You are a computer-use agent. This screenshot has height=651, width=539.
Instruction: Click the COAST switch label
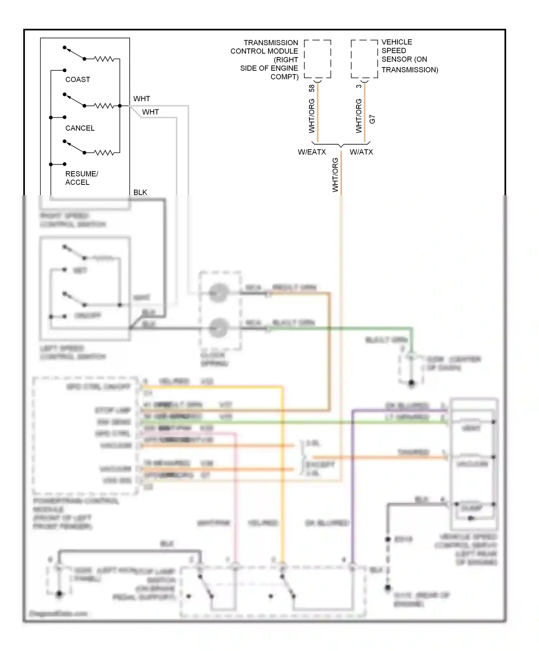click(x=78, y=79)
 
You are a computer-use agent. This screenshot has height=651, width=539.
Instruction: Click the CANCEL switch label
click(x=80, y=128)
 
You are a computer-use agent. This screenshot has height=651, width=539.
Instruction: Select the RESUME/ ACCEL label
click(x=81, y=178)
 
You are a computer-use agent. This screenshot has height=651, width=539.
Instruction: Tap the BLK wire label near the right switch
click(x=140, y=192)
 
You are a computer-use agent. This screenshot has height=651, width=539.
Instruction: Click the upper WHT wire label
click(x=142, y=99)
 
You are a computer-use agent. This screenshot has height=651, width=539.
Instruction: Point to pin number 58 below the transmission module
click(x=312, y=88)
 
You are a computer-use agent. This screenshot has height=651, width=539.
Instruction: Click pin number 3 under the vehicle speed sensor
click(x=359, y=86)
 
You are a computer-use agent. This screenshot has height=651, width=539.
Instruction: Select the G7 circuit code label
click(x=372, y=120)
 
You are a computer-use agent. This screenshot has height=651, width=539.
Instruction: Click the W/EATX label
click(x=312, y=152)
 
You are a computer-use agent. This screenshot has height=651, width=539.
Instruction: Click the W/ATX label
click(x=361, y=152)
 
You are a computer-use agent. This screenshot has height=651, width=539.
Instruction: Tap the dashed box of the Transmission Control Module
click(x=317, y=59)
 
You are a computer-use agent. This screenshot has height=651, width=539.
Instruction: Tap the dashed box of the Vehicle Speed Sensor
click(x=364, y=59)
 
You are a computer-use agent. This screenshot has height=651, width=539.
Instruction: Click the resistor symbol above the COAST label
click(x=104, y=59)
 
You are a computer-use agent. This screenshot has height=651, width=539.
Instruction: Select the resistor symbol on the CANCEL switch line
click(x=104, y=106)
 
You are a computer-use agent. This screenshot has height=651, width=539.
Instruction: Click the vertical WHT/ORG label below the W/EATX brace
click(x=335, y=175)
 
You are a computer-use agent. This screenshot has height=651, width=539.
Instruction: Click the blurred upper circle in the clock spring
click(x=218, y=293)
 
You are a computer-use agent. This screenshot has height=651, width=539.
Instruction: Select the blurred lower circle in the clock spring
click(x=218, y=328)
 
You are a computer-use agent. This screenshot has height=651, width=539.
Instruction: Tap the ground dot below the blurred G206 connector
click(x=411, y=383)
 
